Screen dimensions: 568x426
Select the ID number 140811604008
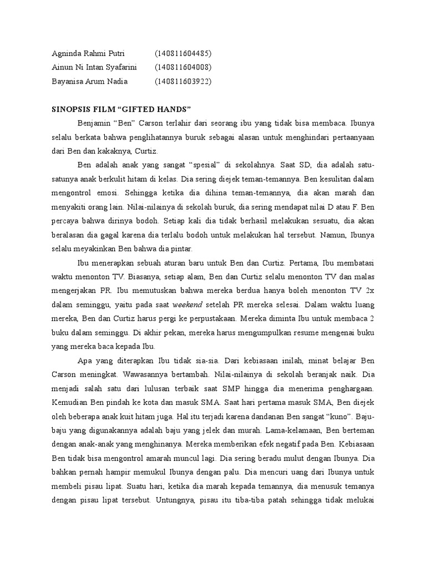click(183, 68)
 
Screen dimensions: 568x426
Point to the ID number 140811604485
click(183, 53)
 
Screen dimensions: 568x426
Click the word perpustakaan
click(209, 319)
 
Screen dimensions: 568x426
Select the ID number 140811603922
click(183, 82)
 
